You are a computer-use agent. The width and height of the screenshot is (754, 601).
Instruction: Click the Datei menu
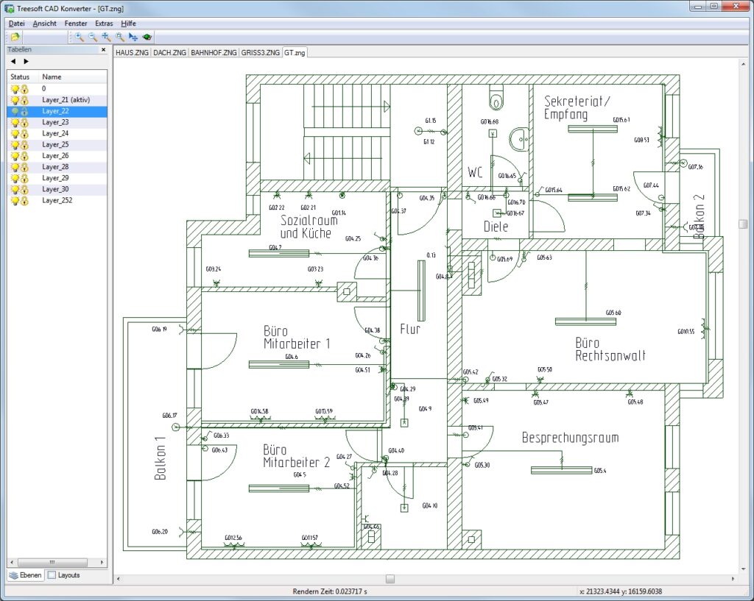pos(16,24)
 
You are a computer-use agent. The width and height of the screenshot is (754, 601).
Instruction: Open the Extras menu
pos(104,24)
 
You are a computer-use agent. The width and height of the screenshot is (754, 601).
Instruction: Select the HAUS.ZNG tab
pos(133,52)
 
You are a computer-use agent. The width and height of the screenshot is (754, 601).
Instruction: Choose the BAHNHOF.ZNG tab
pos(214,52)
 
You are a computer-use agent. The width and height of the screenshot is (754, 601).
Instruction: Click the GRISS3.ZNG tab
pos(261,52)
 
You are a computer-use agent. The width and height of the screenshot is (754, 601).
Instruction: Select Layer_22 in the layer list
pos(55,111)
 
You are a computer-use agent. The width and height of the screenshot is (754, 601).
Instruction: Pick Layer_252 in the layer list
pos(57,200)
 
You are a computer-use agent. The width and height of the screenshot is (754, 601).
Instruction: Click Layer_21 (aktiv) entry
pos(65,99)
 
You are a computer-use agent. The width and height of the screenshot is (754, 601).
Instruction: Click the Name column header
pos(52,77)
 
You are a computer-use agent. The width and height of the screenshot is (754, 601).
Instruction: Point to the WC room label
pos(475,174)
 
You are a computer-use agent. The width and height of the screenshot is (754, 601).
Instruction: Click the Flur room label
pos(410,330)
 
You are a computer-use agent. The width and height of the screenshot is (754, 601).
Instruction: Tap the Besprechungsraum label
pos(570,438)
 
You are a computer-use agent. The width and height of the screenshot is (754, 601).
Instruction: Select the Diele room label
pos(496,227)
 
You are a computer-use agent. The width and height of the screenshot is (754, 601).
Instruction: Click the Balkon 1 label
pos(161,458)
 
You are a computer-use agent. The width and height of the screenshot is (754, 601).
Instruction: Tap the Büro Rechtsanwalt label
pos(610,349)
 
